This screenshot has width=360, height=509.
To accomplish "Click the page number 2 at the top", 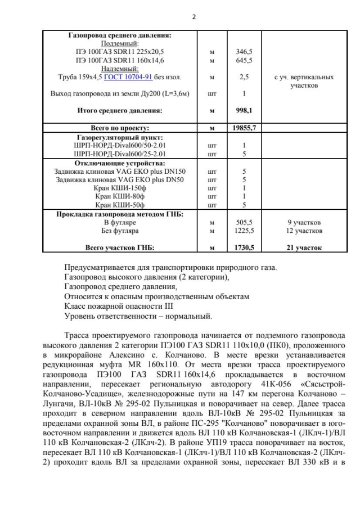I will pyautogui.click(x=193, y=16).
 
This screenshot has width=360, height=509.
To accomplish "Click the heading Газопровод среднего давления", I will pyautogui.click(x=119, y=35).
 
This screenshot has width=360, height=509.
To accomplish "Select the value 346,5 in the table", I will pyautogui.click(x=244, y=51).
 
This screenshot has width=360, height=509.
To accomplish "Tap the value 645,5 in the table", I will pyautogui.click(x=244, y=60).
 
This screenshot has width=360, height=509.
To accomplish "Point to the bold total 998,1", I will pyautogui.click(x=244, y=111).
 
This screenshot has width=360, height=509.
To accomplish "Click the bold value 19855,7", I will pyautogui.click(x=244, y=128).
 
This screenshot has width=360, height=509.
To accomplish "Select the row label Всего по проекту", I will pyautogui.click(x=119, y=128).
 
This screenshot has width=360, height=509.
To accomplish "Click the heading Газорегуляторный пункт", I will pyautogui.click(x=119, y=137).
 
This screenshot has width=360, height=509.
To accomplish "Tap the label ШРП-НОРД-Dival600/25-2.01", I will pyautogui.click(x=119, y=153).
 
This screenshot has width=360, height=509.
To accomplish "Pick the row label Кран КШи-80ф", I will pyautogui.click(x=119, y=196).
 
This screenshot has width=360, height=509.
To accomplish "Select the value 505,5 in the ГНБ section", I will pyautogui.click(x=244, y=222).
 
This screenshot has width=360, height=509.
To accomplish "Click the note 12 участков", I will pyautogui.click(x=304, y=231).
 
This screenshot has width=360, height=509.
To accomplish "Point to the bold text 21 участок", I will pyautogui.click(x=304, y=247).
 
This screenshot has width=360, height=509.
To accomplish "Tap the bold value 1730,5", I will pyautogui.click(x=244, y=247).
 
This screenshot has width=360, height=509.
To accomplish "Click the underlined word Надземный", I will pyautogui.click(x=119, y=68).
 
